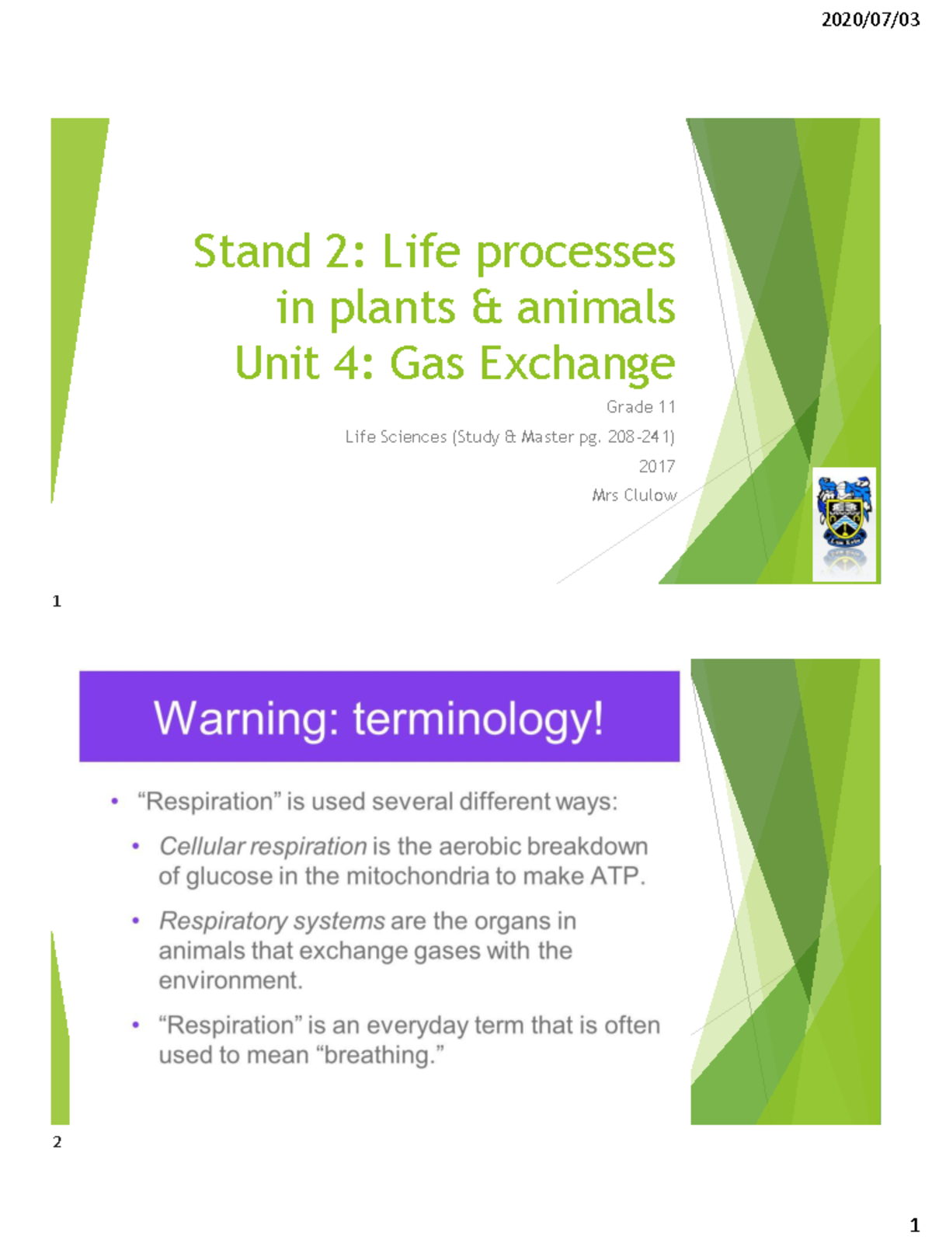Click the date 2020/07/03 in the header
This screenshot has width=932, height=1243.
tap(870, 19)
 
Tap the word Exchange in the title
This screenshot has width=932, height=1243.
tap(577, 363)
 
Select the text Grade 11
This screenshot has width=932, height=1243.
tap(641, 406)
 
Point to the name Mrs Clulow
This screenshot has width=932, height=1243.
tap(634, 495)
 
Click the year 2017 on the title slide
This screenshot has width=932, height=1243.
tap(656, 466)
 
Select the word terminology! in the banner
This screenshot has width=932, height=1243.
tap(478, 718)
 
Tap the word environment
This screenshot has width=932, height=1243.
tap(230, 980)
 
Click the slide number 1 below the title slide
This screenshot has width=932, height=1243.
tap(57, 601)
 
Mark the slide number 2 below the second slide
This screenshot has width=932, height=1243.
tap(57, 1141)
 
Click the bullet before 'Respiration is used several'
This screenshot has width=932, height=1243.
tap(115, 801)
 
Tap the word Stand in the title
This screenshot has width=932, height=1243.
tap(252, 252)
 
